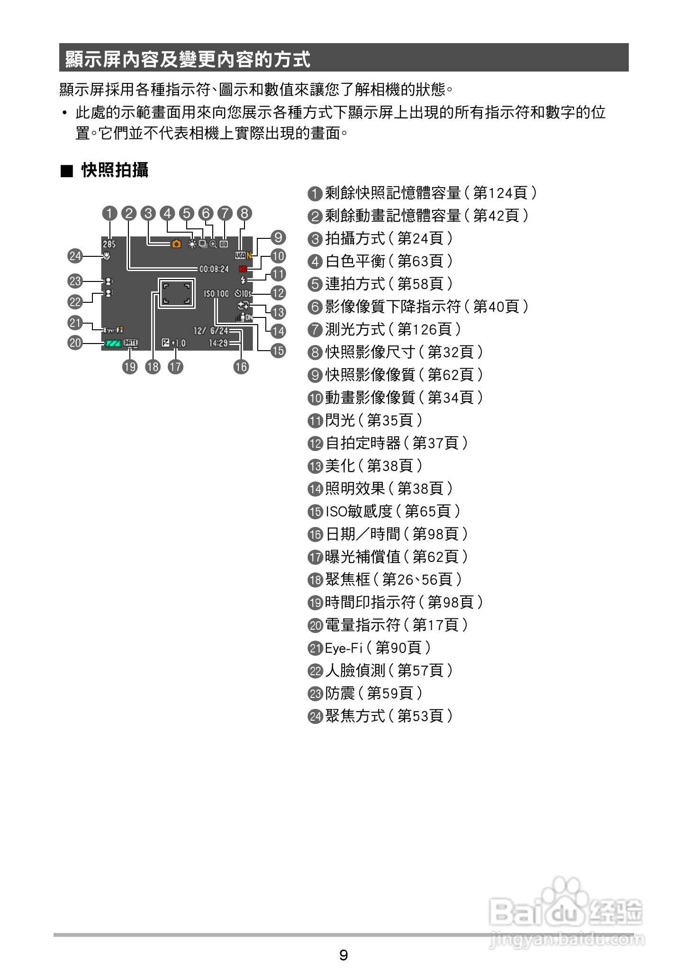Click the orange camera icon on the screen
click(x=176, y=244)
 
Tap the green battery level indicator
click(x=111, y=343)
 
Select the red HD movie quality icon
click(x=244, y=269)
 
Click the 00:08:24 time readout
click(x=214, y=269)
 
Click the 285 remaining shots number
click(x=109, y=244)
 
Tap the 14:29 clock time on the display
click(x=218, y=343)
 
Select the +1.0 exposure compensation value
click(x=179, y=343)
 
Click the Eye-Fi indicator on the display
click(x=113, y=330)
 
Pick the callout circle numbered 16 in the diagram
click(x=241, y=366)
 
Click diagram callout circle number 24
click(x=75, y=256)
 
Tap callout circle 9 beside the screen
click(x=278, y=237)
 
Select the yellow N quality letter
click(x=249, y=255)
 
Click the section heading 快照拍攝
click(x=115, y=170)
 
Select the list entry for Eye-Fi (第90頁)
click(x=370, y=648)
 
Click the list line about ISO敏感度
click(x=384, y=511)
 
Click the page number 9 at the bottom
click(x=344, y=955)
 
